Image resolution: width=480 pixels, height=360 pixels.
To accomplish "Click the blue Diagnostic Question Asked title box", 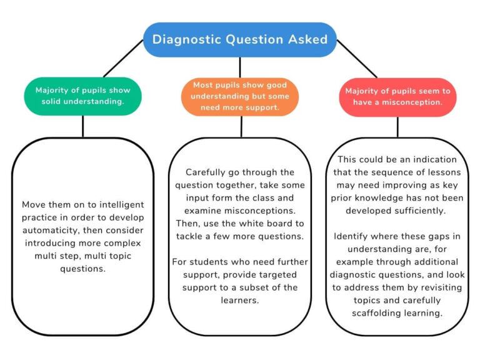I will (240, 39).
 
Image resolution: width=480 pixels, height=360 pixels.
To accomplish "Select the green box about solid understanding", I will (82, 96).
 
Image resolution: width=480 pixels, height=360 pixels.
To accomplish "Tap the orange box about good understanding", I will (240, 96).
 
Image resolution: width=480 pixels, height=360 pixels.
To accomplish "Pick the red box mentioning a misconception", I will (397, 96).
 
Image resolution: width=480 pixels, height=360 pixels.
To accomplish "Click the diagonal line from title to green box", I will (122, 59).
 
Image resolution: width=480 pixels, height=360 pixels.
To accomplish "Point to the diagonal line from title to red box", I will (357, 59).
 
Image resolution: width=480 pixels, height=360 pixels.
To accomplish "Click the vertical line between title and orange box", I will (240, 67).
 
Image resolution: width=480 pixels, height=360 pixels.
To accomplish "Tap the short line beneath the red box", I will (397, 127).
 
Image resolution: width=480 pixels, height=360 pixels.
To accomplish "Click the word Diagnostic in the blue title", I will (187, 39).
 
